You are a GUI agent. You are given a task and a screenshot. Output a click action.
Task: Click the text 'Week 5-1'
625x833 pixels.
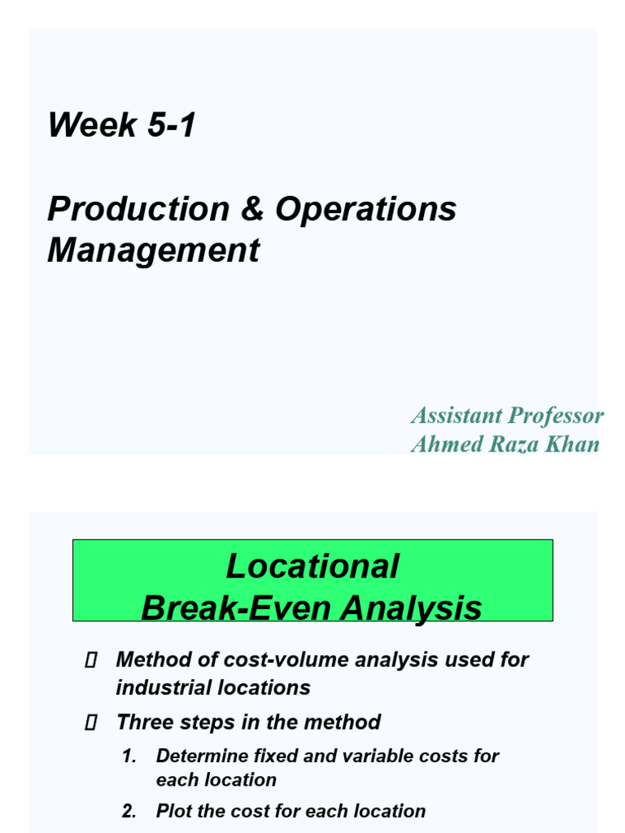pyautogui.click(x=122, y=125)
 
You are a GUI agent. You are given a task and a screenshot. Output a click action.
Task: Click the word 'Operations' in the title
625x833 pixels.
pyautogui.click(x=365, y=209)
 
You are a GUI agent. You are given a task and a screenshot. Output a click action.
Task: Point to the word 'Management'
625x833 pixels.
pyautogui.click(x=153, y=251)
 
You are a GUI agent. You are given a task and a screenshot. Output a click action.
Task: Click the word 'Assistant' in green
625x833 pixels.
pyautogui.click(x=457, y=416)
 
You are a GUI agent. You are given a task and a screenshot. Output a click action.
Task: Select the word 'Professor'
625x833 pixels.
pyautogui.click(x=556, y=416)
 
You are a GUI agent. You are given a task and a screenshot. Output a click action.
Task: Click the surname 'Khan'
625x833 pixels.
pyautogui.click(x=573, y=444)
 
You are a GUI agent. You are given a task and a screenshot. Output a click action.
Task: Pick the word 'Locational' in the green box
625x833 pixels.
pyautogui.click(x=312, y=566)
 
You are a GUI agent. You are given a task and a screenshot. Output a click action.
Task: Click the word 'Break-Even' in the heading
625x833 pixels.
pyautogui.click(x=236, y=608)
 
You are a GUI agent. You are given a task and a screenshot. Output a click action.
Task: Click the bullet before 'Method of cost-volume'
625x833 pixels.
pyautogui.click(x=91, y=661)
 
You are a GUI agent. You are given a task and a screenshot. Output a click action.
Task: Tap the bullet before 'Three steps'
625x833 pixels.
pyautogui.click(x=91, y=722)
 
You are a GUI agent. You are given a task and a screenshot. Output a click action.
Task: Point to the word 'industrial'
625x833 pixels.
pyautogui.click(x=162, y=687)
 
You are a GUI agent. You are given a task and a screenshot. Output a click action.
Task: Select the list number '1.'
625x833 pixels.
pyautogui.click(x=129, y=757)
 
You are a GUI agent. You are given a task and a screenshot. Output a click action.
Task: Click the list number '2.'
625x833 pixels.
pyautogui.click(x=129, y=812)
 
